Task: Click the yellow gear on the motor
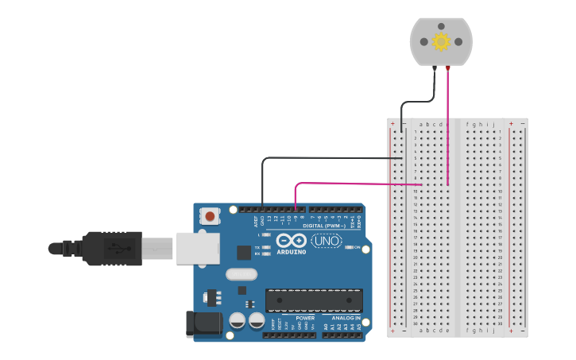441,41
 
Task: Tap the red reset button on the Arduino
210,215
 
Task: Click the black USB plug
111,248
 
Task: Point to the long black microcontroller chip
313,300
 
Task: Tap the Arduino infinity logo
292,241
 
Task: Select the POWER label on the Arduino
305,317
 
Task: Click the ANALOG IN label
342,317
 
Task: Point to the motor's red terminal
448,70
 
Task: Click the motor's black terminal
435,70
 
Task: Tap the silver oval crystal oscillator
242,275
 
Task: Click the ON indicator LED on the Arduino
349,248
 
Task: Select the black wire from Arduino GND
318,157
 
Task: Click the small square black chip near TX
243,253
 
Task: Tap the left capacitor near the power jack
237,321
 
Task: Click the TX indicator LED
266,247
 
